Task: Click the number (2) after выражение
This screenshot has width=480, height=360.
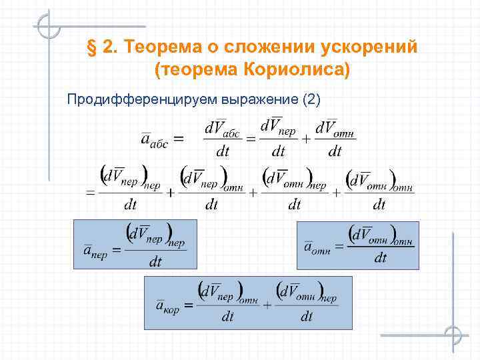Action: [x=311, y=100]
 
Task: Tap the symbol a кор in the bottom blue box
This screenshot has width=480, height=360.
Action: [x=167, y=306]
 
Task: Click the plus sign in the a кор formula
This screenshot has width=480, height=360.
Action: [x=267, y=305]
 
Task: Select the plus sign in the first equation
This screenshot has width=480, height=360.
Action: [x=306, y=139]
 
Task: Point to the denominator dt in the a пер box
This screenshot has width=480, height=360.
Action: [x=155, y=262]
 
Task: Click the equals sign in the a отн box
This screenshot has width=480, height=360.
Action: [x=339, y=247]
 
